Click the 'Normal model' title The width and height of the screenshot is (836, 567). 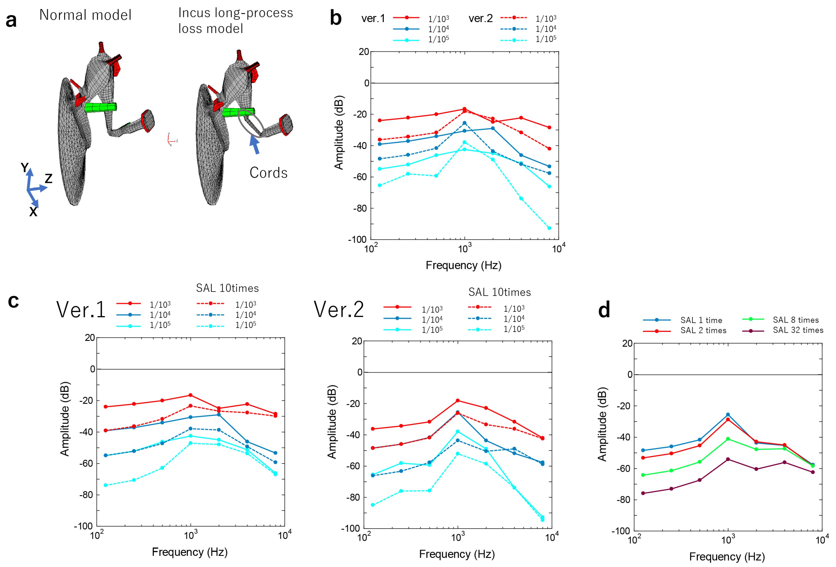click(85, 15)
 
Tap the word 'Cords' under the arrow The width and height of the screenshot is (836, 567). click(268, 173)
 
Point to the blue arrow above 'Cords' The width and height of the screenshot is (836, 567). click(254, 144)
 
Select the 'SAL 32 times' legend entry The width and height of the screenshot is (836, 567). click(798, 330)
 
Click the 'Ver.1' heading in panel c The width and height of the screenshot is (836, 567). click(81, 310)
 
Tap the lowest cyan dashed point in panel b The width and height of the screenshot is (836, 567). click(549, 228)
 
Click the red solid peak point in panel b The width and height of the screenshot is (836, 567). click(464, 109)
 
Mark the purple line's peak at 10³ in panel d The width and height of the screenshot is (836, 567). click(728, 459)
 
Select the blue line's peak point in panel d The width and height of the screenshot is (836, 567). click(728, 415)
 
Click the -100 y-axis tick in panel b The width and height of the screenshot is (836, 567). click(357, 239)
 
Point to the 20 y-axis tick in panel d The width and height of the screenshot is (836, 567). click(627, 343)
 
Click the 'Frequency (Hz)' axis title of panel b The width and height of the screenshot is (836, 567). click(463, 265)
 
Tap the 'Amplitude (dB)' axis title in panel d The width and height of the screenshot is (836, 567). click(602, 424)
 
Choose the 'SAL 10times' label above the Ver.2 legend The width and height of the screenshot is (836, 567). click(499, 292)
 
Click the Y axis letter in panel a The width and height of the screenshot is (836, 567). click(24, 168)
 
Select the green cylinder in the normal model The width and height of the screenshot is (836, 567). click(101, 107)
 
